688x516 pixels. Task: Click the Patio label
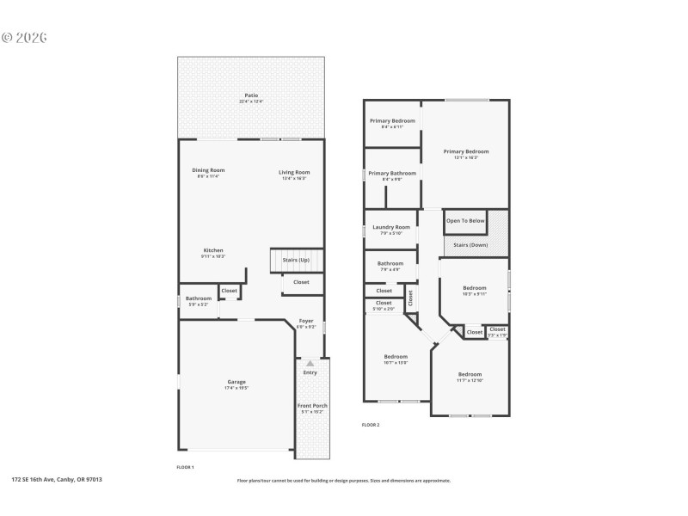click(250, 95)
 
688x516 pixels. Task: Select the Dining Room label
click(208, 170)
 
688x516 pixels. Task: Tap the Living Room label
click(294, 172)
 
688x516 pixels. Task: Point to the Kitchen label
click(212, 250)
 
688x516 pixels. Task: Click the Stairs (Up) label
click(296, 260)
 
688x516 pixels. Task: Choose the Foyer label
click(306, 321)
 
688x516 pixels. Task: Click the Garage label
click(236, 382)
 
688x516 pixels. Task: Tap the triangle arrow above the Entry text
click(310, 364)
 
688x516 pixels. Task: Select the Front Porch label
click(312, 406)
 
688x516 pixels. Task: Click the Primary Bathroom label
click(391, 173)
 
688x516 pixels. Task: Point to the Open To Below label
click(465, 221)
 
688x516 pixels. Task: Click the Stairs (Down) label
click(465, 245)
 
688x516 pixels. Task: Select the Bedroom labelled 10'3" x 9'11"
click(475, 288)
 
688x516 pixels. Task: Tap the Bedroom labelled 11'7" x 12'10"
click(470, 374)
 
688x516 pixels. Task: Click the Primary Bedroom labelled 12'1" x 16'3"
click(465, 151)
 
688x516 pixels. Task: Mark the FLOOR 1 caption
click(185, 467)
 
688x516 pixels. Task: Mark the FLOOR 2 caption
click(370, 425)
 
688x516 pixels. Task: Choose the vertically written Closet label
click(410, 298)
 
